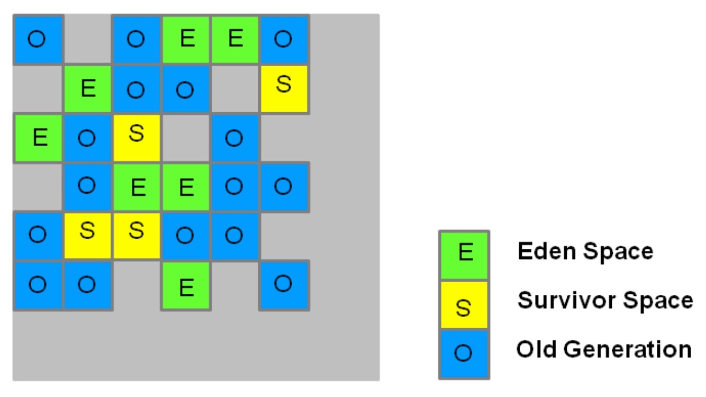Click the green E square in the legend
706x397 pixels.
pos(464,255)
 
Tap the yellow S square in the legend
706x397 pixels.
pos(464,305)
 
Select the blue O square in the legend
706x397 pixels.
pos(464,354)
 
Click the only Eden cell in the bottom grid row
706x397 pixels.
pos(186,285)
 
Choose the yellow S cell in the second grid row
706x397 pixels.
pos(284,88)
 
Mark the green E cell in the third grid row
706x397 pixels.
pos(39,138)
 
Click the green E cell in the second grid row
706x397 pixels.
pos(88,88)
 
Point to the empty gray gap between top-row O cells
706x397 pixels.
pos(88,39)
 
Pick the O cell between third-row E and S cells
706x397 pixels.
pos(88,138)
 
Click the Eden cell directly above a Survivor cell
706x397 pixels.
pos(137,187)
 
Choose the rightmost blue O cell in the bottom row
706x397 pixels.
pos(284,285)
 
